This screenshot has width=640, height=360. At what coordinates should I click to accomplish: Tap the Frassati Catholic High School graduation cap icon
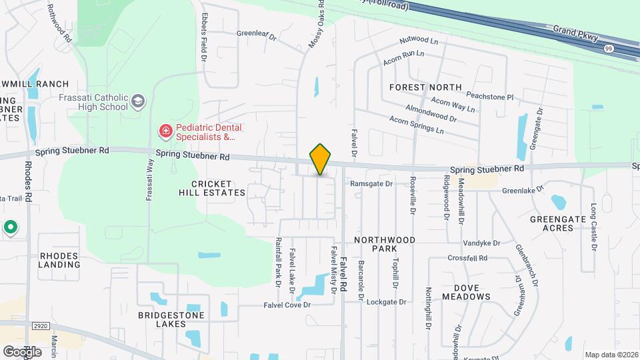[x=139, y=101]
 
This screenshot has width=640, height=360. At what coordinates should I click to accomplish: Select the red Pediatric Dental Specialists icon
[x=165, y=131]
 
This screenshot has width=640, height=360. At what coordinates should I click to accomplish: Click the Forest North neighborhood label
[x=425, y=87]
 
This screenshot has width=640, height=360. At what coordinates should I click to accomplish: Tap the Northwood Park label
[x=385, y=244]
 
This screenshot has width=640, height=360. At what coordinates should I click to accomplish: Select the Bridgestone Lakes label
[x=171, y=319]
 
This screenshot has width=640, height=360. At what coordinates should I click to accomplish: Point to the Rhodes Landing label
[x=60, y=260]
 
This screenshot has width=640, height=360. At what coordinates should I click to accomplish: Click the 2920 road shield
[x=40, y=325]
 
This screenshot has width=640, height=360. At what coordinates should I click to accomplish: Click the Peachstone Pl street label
[x=490, y=97]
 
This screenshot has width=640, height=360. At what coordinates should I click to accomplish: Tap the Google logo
[x=22, y=351]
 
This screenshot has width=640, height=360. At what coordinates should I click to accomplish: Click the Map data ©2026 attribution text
[x=611, y=355]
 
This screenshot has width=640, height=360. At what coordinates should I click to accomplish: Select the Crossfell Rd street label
[x=467, y=258]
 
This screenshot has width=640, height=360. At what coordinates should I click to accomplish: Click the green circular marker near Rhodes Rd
[x=11, y=228]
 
